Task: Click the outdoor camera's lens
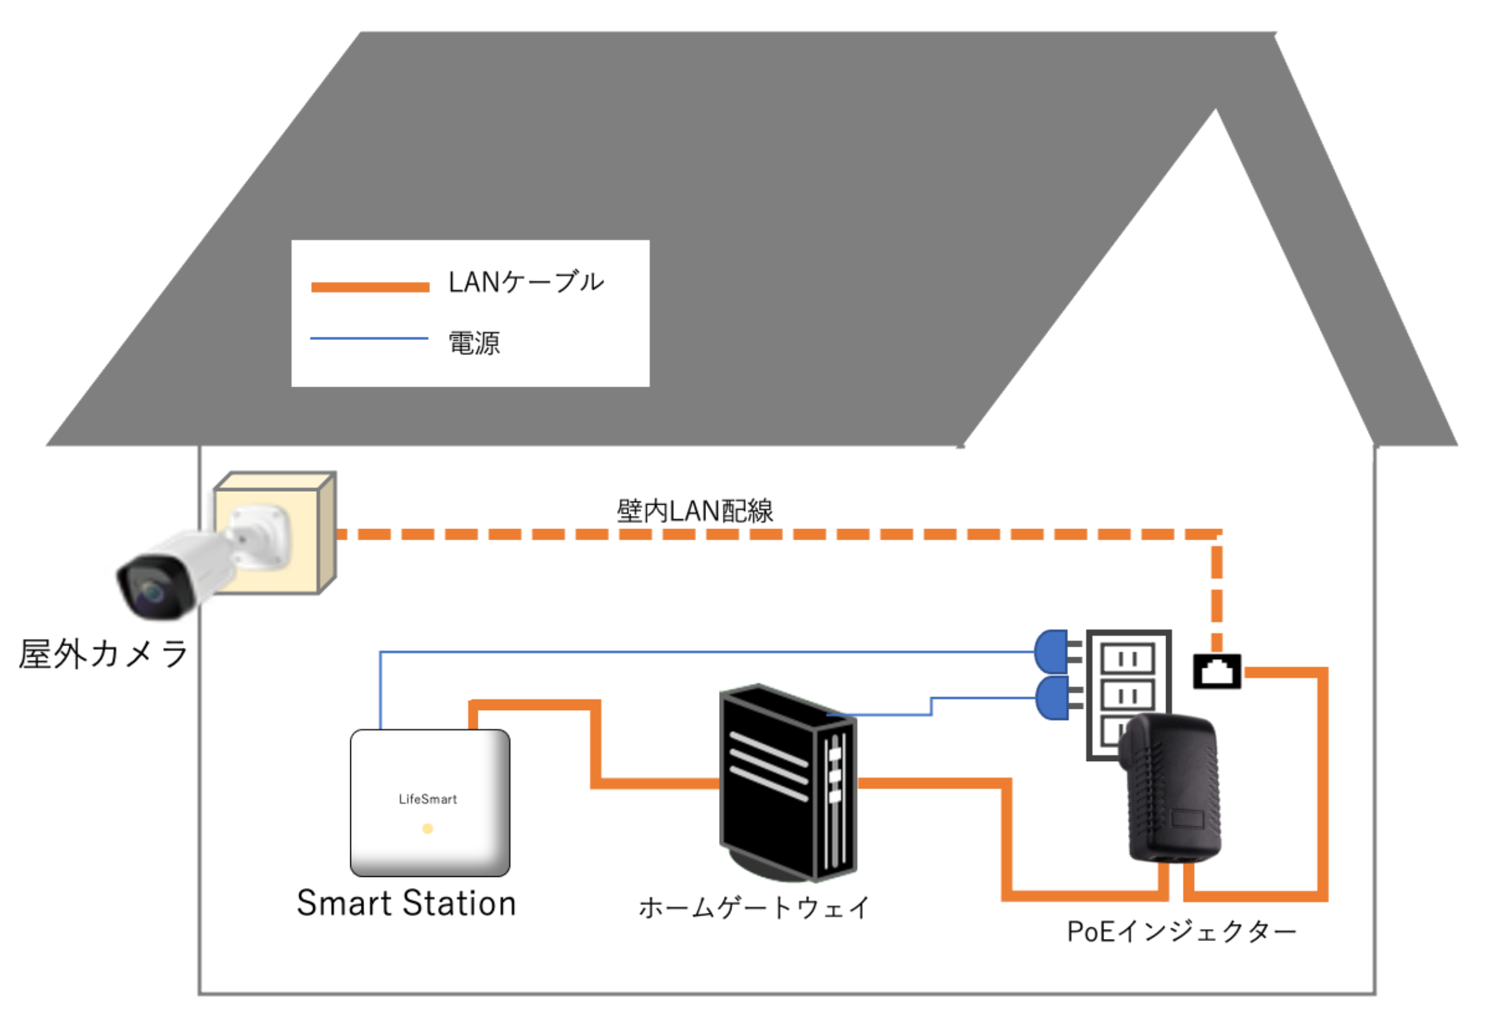point(152,591)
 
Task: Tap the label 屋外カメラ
point(103,654)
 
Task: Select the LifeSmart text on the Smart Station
point(427,798)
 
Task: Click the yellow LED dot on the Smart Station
point(427,829)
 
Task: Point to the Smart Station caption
point(406,903)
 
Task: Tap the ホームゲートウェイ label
point(754,908)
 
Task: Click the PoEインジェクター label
point(1180,931)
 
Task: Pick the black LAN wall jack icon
point(1216,671)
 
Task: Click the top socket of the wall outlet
point(1128,658)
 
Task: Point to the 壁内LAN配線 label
point(694,511)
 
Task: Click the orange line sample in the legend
point(370,286)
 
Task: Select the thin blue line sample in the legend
point(369,338)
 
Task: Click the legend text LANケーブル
point(526,282)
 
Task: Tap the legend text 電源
point(475,343)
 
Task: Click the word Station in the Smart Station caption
point(459,903)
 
